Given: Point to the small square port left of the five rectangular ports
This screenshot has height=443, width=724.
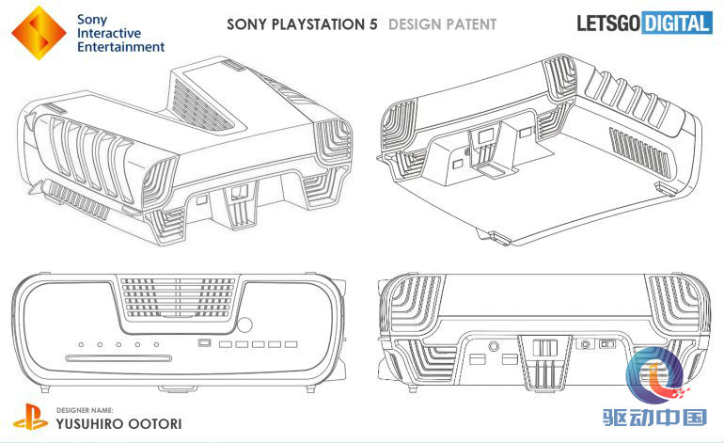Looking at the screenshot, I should [x=204, y=344].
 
